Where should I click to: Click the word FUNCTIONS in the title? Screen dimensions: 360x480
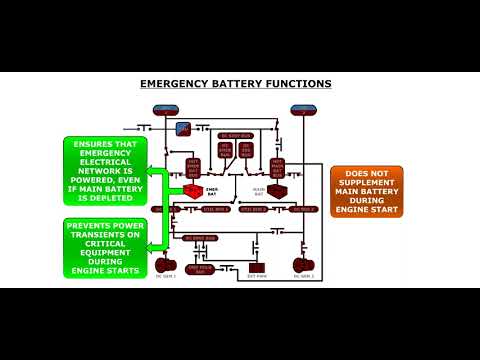pyautogui.click(x=299, y=85)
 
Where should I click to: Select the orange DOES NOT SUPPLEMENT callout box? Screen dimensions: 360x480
pyautogui.click(x=367, y=190)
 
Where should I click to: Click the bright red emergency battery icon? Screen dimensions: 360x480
pyautogui.click(x=193, y=188)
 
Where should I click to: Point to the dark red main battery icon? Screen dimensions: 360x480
pyautogui.click(x=277, y=189)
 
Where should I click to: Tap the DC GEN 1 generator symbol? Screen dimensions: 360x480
pyautogui.click(x=164, y=265)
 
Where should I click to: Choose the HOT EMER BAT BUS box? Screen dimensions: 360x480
pyautogui.click(x=193, y=166)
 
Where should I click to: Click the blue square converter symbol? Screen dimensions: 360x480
pyautogui.click(x=183, y=128)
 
